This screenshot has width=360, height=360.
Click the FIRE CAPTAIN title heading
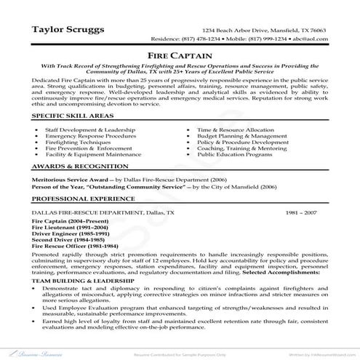click(180, 54)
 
